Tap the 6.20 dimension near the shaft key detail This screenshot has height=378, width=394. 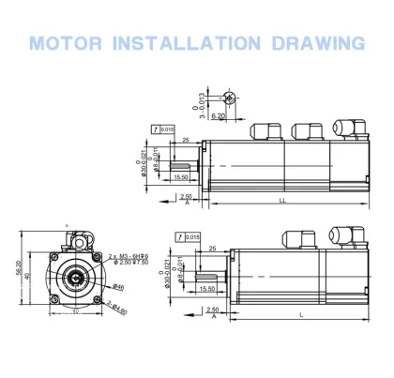(x=217, y=115)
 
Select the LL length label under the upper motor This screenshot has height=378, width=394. (x=282, y=200)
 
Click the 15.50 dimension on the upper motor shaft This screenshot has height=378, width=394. (x=183, y=175)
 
